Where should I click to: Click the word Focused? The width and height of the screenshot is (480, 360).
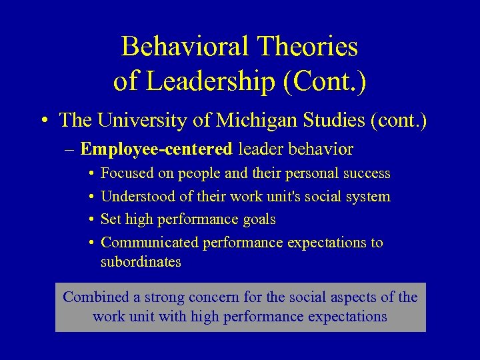click(127, 173)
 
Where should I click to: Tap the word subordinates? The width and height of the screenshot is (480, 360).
click(141, 262)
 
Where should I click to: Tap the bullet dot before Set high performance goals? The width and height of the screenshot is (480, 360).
click(91, 220)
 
